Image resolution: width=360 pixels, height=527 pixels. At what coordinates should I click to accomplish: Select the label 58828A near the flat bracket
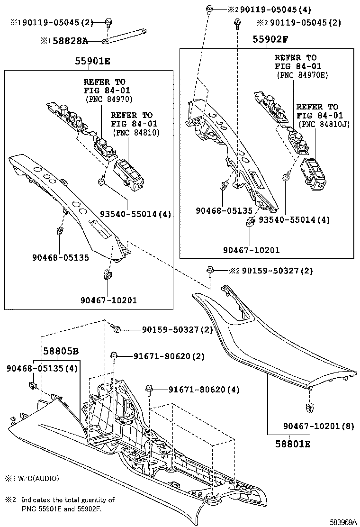[70, 41]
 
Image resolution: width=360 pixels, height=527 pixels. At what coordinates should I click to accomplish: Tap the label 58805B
[61, 352]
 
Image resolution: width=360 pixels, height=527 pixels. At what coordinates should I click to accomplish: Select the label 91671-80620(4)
[204, 390]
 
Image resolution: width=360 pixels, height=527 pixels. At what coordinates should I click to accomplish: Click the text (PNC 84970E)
[301, 75]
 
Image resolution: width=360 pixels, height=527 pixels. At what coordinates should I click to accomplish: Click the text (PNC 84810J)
[323, 124]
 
